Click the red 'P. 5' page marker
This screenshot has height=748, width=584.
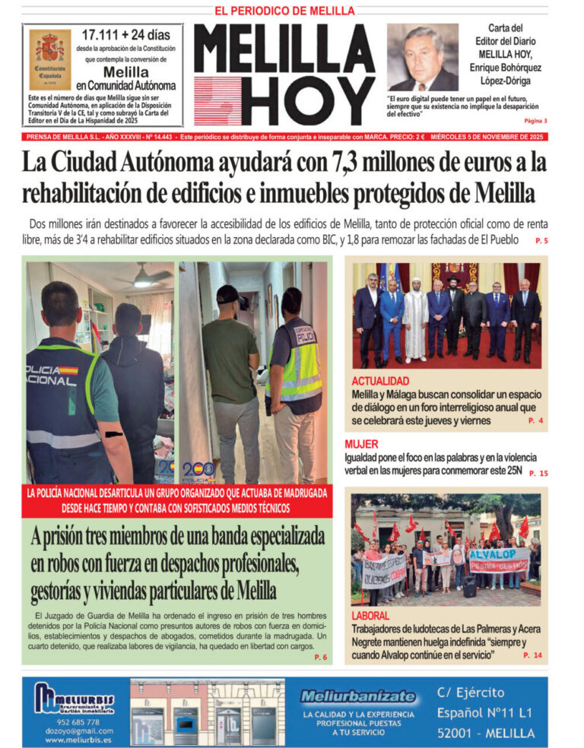tap(541, 241)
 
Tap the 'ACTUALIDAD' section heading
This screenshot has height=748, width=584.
tap(380, 380)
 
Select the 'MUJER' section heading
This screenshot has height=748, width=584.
tap(361, 444)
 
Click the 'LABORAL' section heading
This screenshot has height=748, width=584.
tap(370, 616)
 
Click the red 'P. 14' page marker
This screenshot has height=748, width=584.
tap(532, 654)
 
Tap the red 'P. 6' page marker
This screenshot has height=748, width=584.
tap(320, 657)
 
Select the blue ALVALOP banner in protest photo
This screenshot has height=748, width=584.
tap(498, 559)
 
